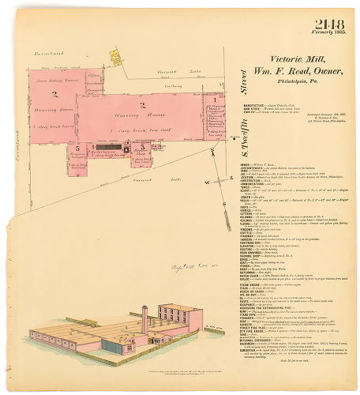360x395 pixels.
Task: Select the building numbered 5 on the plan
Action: click(77, 148)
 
